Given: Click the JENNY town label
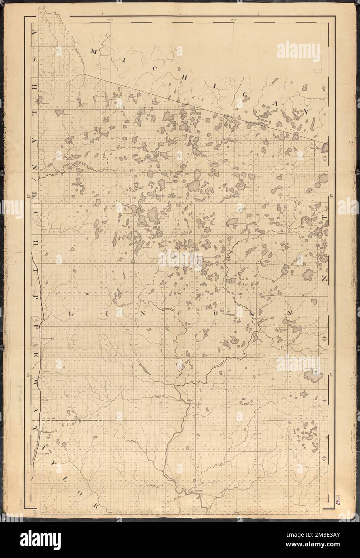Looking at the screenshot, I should (199, 491).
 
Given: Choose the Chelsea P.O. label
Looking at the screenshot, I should (43, 454).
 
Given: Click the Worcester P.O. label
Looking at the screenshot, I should (47, 338).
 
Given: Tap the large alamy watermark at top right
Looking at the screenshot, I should (298, 51).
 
